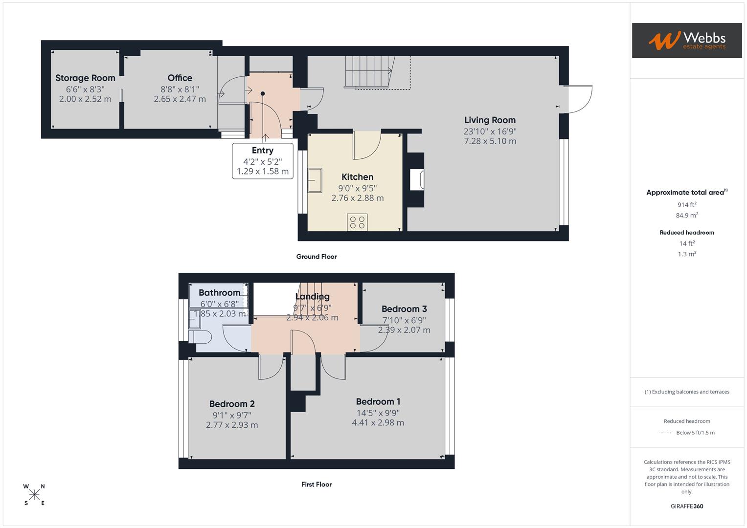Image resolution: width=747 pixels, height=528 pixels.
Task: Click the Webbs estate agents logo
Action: tap(686, 40)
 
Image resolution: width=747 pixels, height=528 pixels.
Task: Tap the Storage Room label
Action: tap(85, 78)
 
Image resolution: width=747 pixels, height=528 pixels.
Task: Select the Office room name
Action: tap(180, 78)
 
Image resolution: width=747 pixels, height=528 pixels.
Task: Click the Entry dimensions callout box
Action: tap(263, 161)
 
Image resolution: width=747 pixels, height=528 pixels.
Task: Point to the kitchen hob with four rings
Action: tap(357, 222)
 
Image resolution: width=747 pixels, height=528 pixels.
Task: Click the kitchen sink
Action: tap(315, 180)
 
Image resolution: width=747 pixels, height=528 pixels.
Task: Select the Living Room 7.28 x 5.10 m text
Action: tap(490, 141)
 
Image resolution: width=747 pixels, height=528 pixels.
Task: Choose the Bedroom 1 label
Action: tap(378, 401)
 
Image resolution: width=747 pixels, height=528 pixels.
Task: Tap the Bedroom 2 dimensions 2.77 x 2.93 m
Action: tap(232, 425)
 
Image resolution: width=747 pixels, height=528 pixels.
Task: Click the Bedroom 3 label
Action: tap(404, 309)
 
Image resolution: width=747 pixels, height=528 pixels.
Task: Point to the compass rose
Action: tap(34, 495)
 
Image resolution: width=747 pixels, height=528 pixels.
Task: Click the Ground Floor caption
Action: tap(317, 257)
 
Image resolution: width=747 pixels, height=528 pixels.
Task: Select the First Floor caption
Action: tap(317, 484)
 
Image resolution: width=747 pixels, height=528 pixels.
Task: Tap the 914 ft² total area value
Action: tap(687, 205)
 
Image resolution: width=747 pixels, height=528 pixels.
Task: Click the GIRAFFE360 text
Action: tap(687, 506)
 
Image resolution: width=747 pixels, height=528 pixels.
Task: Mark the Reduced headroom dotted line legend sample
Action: tap(666, 433)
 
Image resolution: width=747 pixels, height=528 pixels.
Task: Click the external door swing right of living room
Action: tap(580, 99)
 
